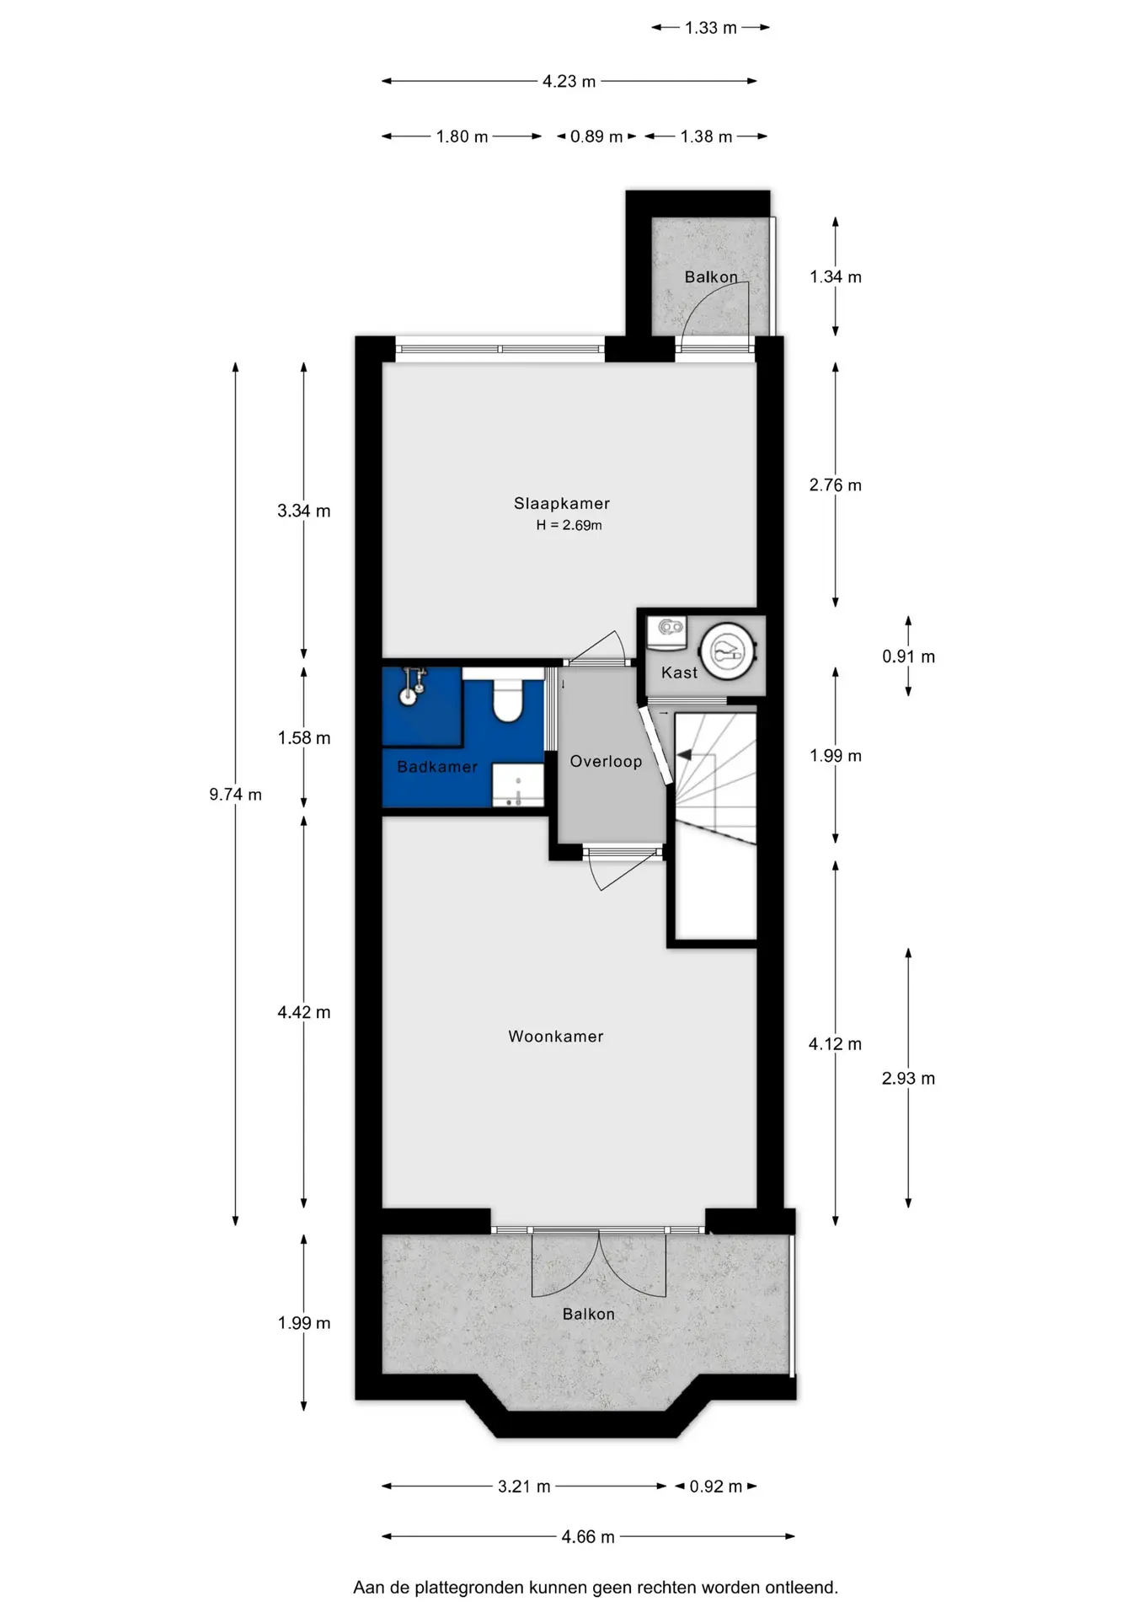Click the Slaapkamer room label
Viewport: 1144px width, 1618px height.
pos(562,503)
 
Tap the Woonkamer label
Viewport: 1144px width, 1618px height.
pos(556,1037)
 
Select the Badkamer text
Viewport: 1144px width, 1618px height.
pos(437,767)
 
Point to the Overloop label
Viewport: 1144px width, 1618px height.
pos(606,761)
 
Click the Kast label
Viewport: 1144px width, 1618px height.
pos(679,672)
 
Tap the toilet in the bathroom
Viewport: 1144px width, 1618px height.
pos(506,696)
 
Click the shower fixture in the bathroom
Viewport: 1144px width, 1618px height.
pos(412,684)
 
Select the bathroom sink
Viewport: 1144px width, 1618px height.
pos(517,785)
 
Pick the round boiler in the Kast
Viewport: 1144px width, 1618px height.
pos(727,650)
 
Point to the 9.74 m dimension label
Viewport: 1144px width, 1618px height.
pos(236,794)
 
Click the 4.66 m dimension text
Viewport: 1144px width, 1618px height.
pos(588,1536)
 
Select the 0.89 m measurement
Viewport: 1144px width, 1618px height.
pos(596,137)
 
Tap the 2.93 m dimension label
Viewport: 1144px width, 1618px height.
pos(908,1078)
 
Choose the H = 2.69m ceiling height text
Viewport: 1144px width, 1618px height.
pos(569,525)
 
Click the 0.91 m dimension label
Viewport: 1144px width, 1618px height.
pos(908,656)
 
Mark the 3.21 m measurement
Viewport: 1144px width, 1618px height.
pos(524,1486)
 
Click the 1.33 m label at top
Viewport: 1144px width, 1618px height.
pos(711,28)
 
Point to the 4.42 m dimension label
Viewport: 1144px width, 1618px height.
pos(304,1012)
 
